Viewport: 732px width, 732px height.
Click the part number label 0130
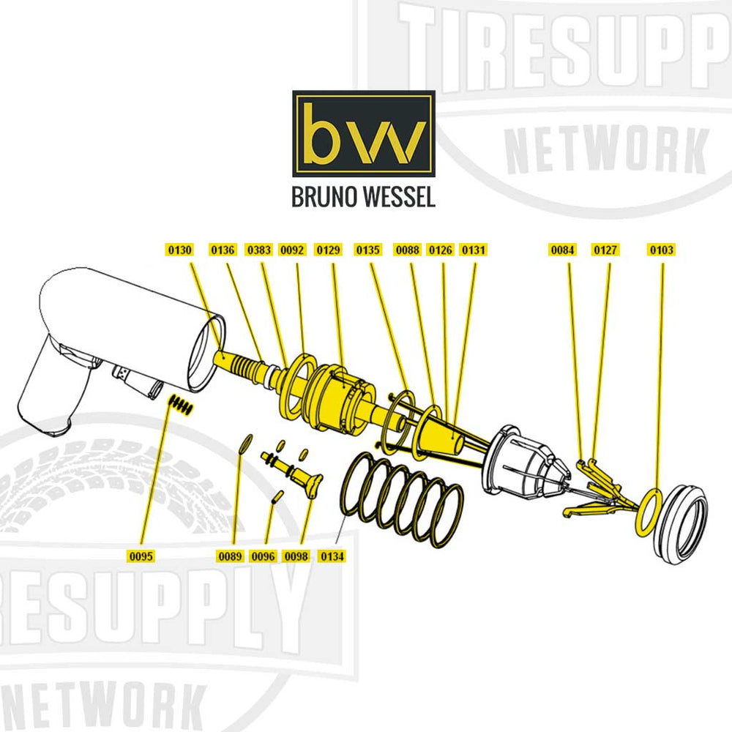[180, 250]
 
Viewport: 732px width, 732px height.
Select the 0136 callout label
[223, 250]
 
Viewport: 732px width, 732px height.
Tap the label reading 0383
[258, 250]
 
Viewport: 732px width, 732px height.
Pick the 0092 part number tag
[292, 250]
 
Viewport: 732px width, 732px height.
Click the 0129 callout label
[329, 250]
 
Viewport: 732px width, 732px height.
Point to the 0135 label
[368, 250]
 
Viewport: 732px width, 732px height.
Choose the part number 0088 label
[407, 250]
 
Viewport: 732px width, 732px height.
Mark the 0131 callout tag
[473, 250]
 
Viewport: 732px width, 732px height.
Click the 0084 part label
[563, 250]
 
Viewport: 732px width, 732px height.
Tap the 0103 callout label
[661, 250]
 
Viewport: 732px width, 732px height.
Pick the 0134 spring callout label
[332, 556]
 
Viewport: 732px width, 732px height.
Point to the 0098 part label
[297, 556]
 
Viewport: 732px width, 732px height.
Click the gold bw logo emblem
[364, 133]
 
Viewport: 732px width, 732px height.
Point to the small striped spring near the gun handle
[181, 403]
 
